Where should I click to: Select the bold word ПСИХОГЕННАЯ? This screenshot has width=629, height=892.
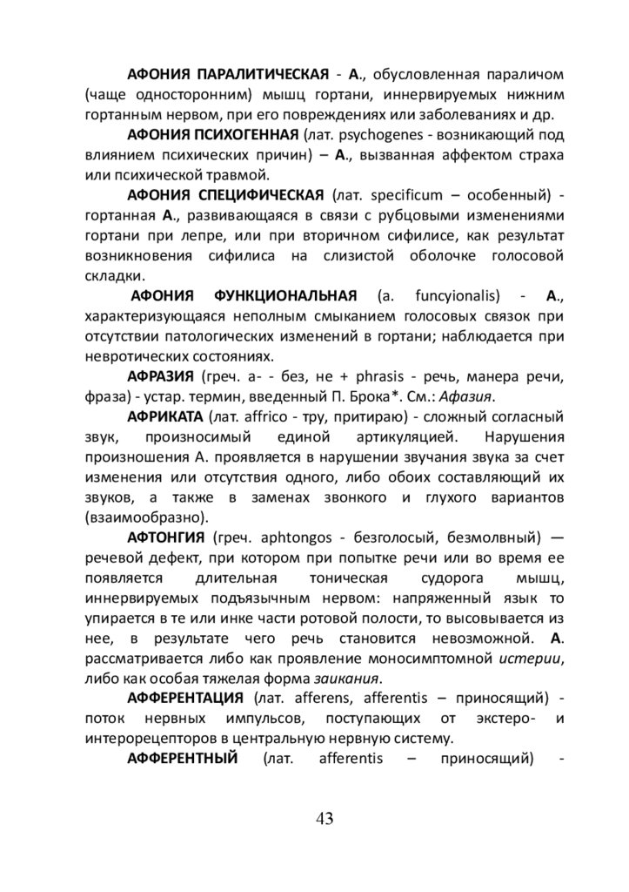[x=239, y=135]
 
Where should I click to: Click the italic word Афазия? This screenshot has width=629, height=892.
[x=466, y=396]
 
